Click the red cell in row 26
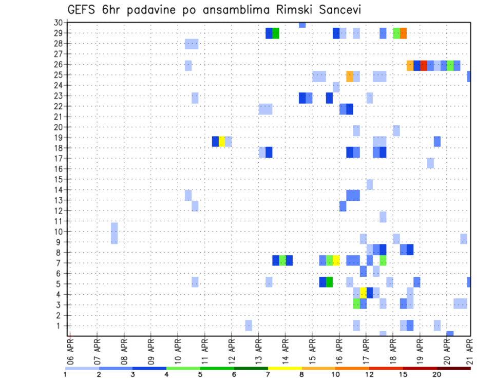424,65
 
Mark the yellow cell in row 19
222,141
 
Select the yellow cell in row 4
363,293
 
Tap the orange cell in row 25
350,76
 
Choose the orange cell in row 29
403,33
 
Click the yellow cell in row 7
336,260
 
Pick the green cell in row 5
329,282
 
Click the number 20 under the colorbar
437,374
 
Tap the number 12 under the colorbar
369,374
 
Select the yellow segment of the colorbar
285,368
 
